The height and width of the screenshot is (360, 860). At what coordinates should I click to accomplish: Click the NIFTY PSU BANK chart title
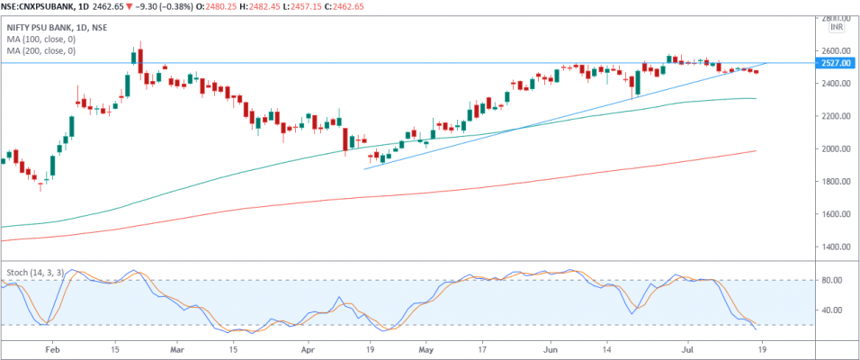[x=49, y=28]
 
